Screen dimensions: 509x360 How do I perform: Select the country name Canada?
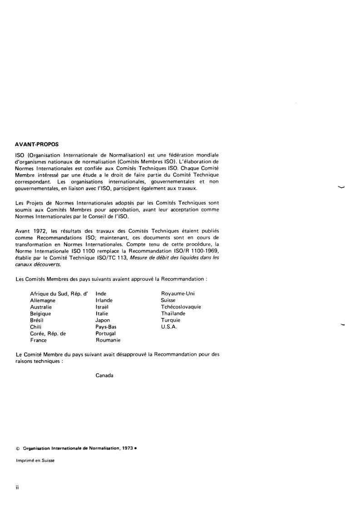(x=104, y=375)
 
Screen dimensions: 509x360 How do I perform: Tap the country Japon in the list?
(x=103, y=320)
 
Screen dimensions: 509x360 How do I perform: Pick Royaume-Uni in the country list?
(x=178, y=294)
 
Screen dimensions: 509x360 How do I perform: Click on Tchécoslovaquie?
(x=181, y=307)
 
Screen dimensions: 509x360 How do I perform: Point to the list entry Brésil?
(x=37, y=320)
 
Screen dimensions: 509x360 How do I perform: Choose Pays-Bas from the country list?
(x=106, y=327)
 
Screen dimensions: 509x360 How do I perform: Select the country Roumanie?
(x=108, y=340)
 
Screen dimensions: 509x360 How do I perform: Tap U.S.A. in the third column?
(x=169, y=327)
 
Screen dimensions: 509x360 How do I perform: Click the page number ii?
(x=17, y=489)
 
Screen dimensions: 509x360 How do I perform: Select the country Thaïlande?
(x=173, y=313)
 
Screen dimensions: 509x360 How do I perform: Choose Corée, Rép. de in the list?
(x=48, y=333)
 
